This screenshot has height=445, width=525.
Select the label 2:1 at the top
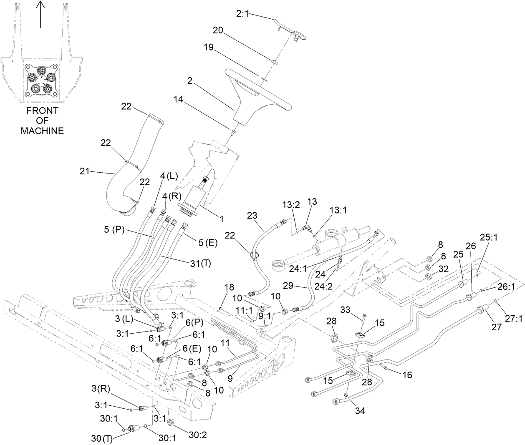pos(242,14)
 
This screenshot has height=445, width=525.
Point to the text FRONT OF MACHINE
pos(42,121)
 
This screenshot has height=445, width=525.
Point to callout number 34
pos(360,411)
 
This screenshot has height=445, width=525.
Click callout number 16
pos(407,375)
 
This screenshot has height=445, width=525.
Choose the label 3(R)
pos(101,389)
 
